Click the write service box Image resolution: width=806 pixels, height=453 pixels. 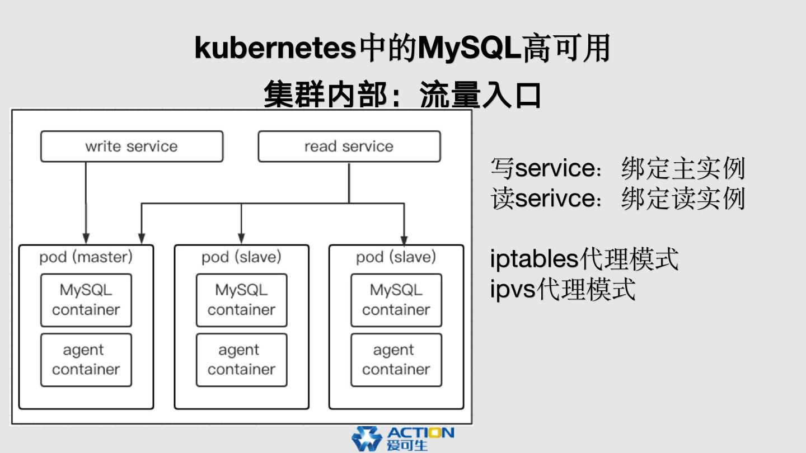coord(132,147)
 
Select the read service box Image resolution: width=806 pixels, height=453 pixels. coord(349,147)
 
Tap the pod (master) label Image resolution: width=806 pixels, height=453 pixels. coord(86,257)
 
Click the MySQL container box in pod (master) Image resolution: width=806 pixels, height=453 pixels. coord(86,300)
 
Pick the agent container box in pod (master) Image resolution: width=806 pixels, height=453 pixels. coord(86,360)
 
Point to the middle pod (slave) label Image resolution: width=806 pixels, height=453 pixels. coord(241,257)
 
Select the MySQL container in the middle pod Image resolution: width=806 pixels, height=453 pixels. coord(241,300)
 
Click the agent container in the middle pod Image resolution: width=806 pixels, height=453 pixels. coord(241,360)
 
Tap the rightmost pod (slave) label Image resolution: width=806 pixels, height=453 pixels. coord(396,257)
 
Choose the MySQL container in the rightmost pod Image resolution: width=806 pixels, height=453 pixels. coord(396,300)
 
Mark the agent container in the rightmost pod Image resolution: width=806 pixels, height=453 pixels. coord(396,360)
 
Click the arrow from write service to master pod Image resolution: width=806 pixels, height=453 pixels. coord(86,201)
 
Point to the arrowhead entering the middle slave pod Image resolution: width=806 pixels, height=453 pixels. coord(241,238)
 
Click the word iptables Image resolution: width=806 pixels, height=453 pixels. coord(533,259)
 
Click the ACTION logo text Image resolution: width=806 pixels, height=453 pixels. coord(420,433)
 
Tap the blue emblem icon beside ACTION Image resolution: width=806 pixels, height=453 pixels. coord(366,439)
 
